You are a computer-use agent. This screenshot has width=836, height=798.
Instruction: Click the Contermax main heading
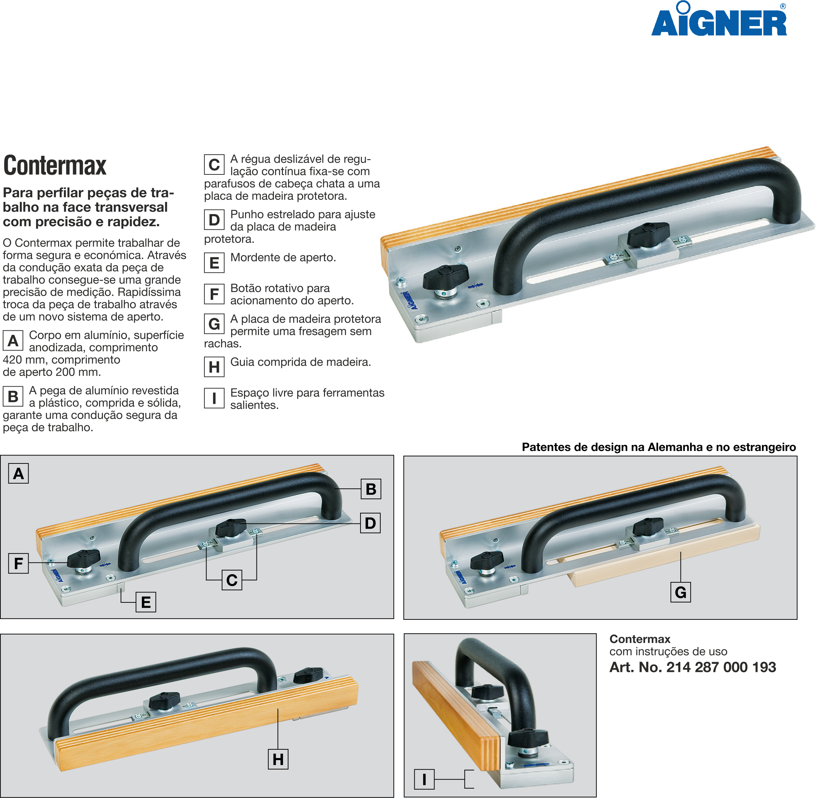[x=55, y=165]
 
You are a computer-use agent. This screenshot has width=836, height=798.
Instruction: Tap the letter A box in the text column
[x=13, y=341]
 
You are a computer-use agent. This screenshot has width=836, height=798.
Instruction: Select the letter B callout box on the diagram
[x=371, y=489]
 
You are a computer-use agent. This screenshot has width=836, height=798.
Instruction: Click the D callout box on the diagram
[x=370, y=523]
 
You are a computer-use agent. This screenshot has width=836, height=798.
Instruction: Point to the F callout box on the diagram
[x=18, y=563]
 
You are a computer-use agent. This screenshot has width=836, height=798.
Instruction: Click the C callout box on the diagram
[x=232, y=580]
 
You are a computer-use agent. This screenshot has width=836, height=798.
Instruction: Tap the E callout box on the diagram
[x=146, y=602]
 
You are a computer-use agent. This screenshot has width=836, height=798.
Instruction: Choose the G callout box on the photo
[x=681, y=592]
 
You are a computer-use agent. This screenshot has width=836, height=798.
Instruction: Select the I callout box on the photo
[x=424, y=779]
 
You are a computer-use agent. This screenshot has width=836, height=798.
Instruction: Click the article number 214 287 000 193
[x=721, y=667]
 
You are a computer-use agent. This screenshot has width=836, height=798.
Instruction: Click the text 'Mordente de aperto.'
[x=283, y=257]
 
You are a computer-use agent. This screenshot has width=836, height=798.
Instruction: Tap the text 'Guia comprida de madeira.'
[x=301, y=362]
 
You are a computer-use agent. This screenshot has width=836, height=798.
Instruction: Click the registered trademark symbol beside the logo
[x=783, y=6]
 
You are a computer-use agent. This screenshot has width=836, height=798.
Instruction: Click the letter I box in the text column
[x=214, y=398]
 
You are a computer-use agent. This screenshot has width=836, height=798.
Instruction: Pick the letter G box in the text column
[x=214, y=324]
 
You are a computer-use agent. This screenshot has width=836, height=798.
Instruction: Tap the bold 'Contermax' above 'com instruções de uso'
[x=640, y=639]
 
